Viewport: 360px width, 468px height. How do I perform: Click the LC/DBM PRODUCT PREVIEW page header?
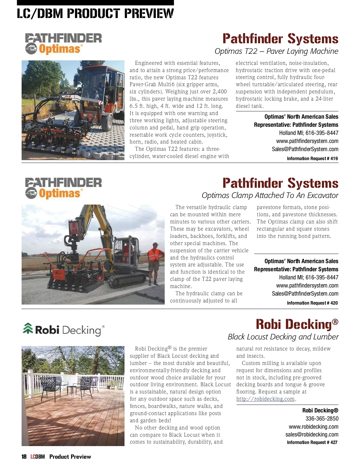[x=95, y=14]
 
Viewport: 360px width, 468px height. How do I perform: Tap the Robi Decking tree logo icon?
[x=28, y=328]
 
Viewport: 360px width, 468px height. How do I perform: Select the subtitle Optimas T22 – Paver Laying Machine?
[x=276, y=51]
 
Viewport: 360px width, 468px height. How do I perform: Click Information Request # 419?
[x=312, y=159]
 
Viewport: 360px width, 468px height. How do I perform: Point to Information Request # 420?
[x=312, y=303]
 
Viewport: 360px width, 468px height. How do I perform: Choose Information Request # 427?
[x=312, y=442]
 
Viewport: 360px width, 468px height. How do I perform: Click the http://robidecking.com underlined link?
[x=265, y=399]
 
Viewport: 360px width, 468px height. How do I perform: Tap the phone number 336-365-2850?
[x=322, y=419]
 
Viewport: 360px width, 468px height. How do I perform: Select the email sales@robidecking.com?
[x=312, y=435]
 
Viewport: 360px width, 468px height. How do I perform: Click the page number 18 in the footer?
[x=24, y=457]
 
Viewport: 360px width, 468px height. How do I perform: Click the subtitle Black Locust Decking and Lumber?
[x=283, y=337]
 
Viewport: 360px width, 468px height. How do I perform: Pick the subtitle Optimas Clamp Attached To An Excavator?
[x=270, y=196]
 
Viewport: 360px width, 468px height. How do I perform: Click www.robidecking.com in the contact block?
[x=313, y=427]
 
